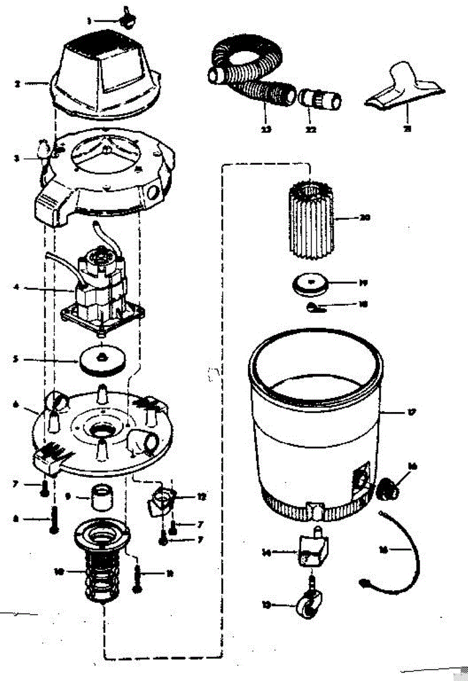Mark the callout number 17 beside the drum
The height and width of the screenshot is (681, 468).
[x=411, y=413]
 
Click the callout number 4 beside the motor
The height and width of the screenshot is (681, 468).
[x=17, y=288]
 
